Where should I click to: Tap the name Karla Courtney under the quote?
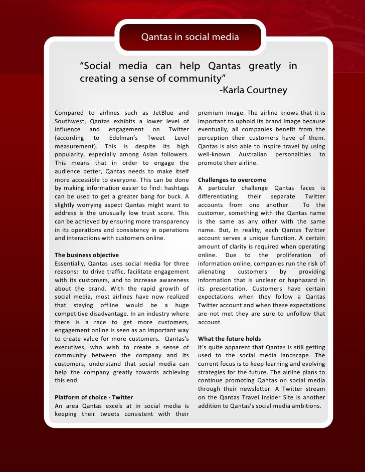[253, 91]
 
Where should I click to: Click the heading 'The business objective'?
[87, 256]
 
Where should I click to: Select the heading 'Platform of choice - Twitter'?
[94, 397]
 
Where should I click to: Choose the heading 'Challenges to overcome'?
[232, 180]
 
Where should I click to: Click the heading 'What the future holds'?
[230, 339]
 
